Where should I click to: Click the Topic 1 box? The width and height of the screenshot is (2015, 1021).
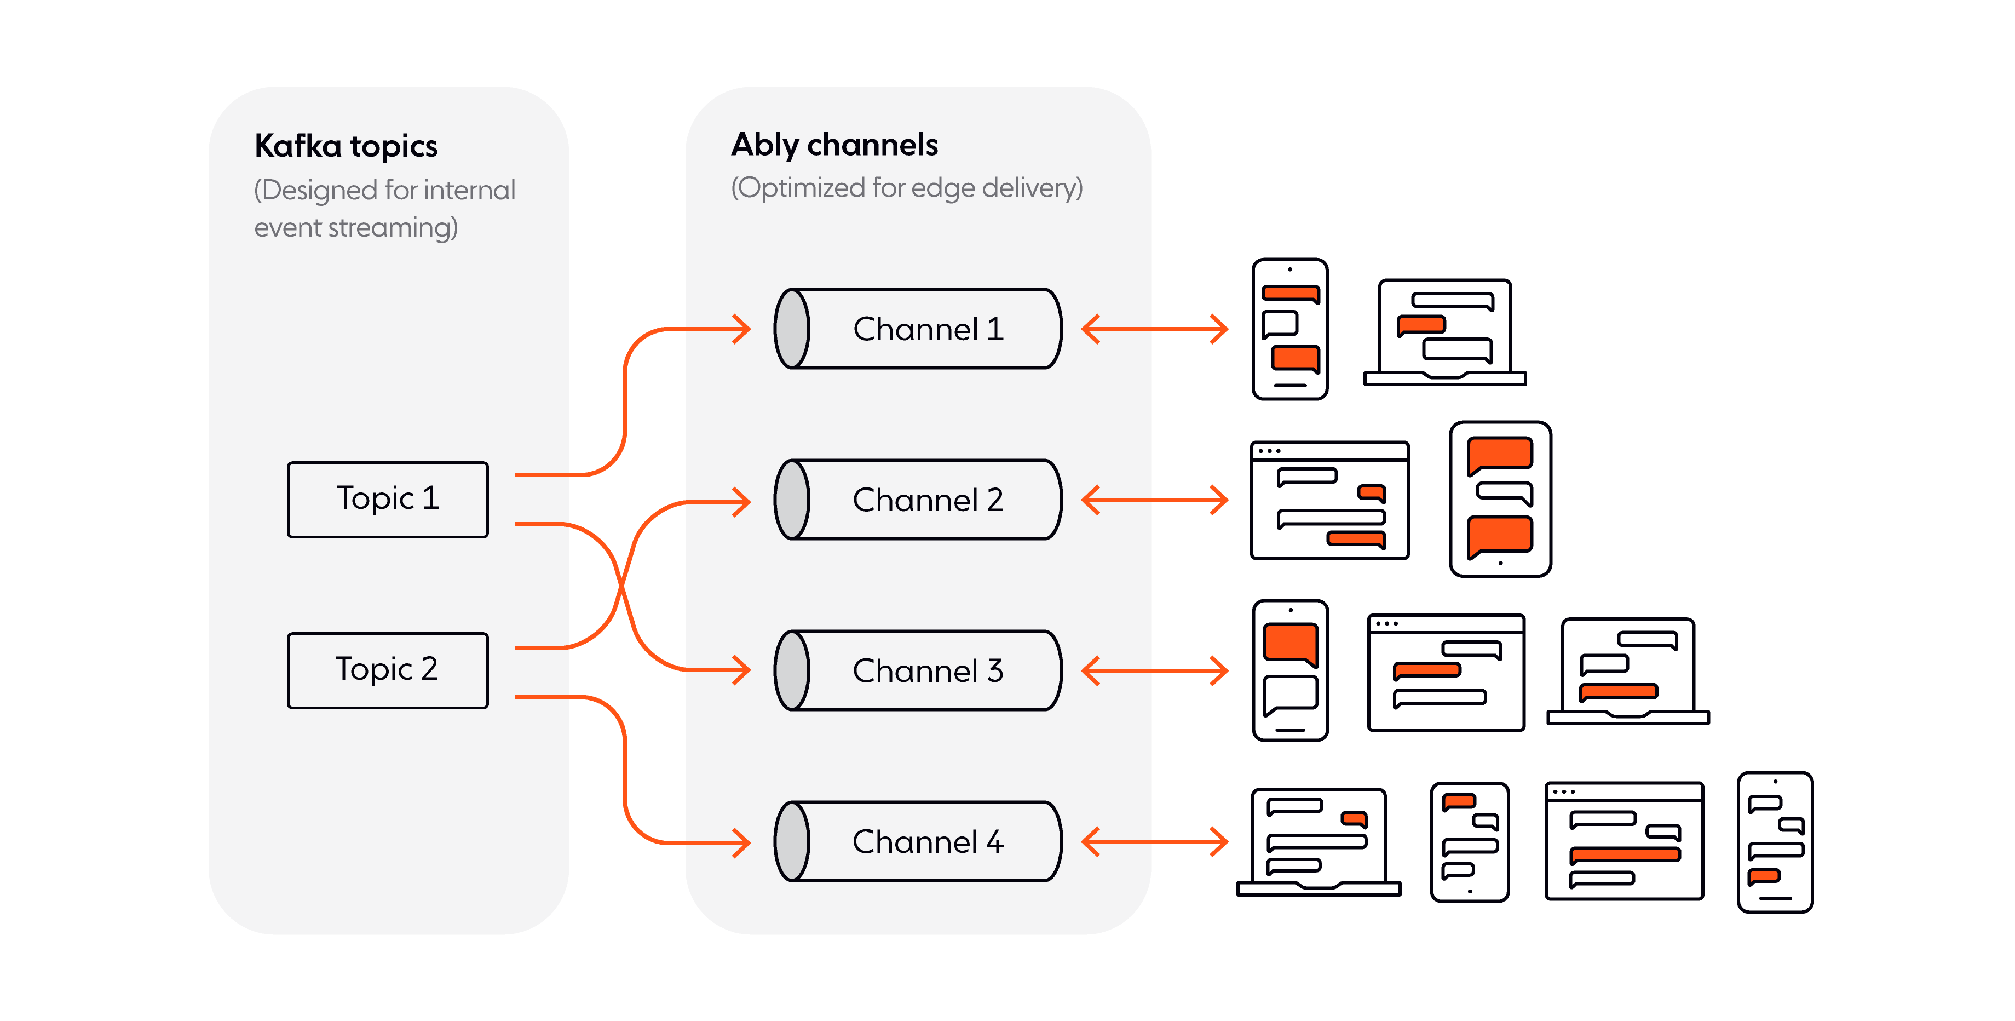click(388, 499)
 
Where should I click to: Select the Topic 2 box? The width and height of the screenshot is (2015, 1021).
click(388, 670)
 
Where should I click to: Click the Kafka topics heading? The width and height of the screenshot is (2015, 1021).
click(346, 146)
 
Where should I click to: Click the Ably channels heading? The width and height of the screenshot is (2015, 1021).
click(834, 145)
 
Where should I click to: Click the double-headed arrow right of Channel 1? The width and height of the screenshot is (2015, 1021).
click(1155, 329)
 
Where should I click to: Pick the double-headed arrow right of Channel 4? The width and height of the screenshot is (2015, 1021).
click(1155, 842)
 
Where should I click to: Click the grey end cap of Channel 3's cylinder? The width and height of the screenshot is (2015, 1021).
click(792, 670)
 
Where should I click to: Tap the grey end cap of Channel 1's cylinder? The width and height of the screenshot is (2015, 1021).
click(792, 329)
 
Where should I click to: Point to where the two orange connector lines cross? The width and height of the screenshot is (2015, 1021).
click(622, 583)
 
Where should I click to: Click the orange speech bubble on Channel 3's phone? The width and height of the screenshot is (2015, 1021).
click(1290, 643)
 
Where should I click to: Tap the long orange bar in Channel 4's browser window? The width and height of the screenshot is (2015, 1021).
click(1625, 854)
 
